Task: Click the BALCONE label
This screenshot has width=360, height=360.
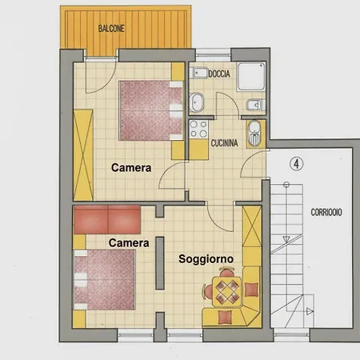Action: tap(111, 29)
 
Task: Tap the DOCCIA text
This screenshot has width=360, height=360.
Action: tap(219, 74)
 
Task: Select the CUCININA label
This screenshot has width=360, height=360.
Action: tap(224, 143)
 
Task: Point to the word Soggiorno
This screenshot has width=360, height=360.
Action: tap(206, 259)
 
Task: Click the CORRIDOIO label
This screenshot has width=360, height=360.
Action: tap(326, 212)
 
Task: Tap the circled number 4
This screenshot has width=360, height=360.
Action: tap(296, 164)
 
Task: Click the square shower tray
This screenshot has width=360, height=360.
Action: tap(251, 77)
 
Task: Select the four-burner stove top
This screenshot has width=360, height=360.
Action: tap(198, 129)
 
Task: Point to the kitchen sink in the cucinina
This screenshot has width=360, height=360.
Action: tap(254, 134)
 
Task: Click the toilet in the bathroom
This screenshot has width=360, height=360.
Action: tap(197, 102)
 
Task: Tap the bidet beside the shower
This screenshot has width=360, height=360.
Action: tap(254, 105)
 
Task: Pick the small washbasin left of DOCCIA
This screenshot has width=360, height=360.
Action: tap(199, 73)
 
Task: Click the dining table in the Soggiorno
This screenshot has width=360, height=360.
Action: tap(227, 292)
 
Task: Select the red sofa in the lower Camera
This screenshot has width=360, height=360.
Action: tap(107, 219)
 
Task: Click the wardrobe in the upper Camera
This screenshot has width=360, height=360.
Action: tap(83, 154)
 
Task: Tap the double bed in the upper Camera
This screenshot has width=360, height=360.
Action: tap(151, 110)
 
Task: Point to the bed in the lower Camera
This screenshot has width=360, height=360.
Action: tap(104, 280)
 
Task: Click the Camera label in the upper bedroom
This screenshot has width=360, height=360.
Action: tap(131, 168)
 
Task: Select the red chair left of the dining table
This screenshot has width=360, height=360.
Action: tap(208, 291)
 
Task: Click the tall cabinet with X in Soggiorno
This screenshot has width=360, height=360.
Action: tap(252, 226)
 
